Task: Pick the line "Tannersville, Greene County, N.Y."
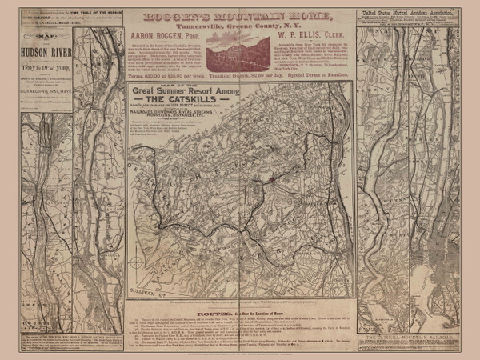[x=239, y=24]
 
